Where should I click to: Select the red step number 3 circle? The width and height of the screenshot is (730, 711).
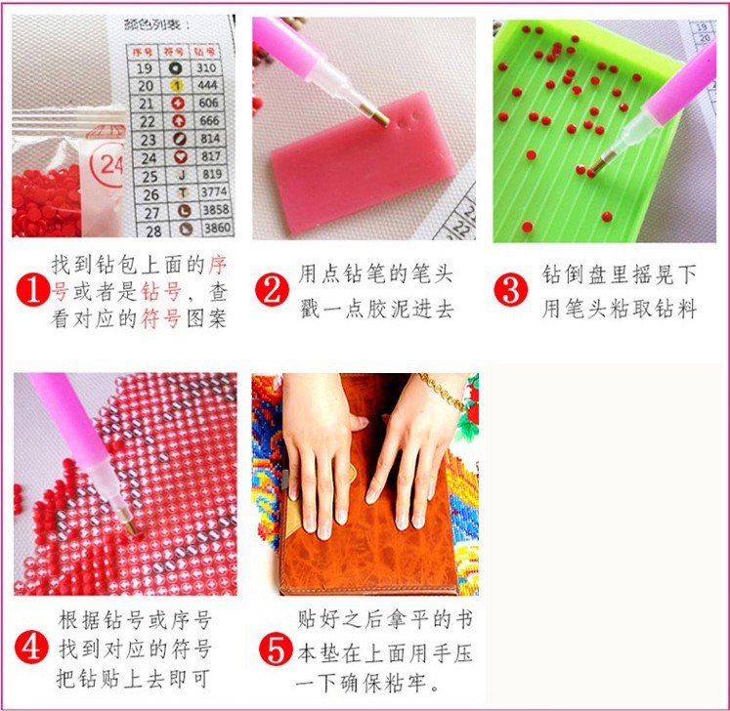[509, 289]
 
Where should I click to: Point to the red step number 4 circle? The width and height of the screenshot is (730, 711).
[32, 647]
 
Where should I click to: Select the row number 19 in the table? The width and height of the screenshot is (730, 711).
[145, 68]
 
